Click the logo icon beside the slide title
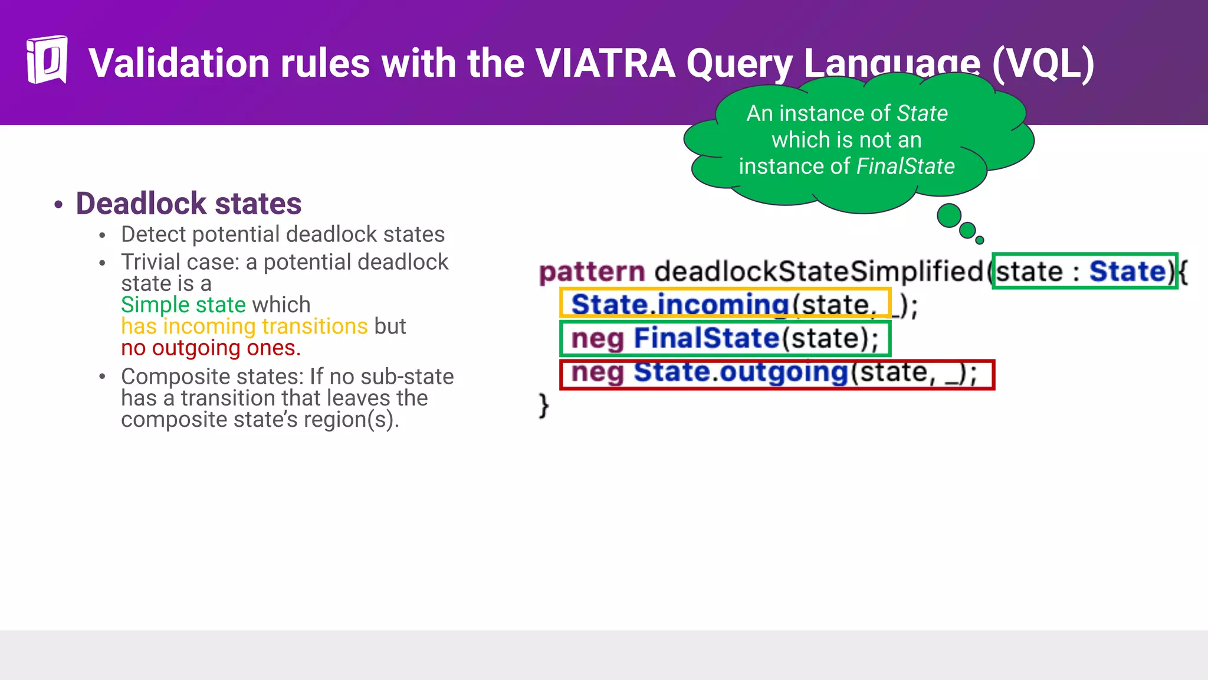pyautogui.click(x=47, y=60)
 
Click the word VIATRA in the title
pyautogui.click(x=605, y=63)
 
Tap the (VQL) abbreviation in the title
pyautogui.click(x=1042, y=63)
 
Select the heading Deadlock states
pyautogui.click(x=188, y=204)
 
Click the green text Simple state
pyautogui.click(x=183, y=305)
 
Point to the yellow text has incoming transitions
pyautogui.click(x=244, y=326)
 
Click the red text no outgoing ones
pyautogui.click(x=211, y=348)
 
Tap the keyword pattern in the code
pyautogui.click(x=592, y=272)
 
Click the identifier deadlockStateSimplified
pyautogui.click(x=819, y=272)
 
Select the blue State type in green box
pyautogui.click(x=1127, y=272)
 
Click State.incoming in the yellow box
pyautogui.click(x=679, y=305)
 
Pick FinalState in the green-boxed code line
pyautogui.click(x=706, y=338)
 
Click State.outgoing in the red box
pyautogui.click(x=740, y=372)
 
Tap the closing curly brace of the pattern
pyautogui.click(x=543, y=406)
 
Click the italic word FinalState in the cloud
pyautogui.click(x=905, y=166)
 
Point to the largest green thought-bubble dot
pyautogui.click(x=949, y=215)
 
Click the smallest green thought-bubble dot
pyautogui.click(x=980, y=240)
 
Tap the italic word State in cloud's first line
pyautogui.click(x=922, y=113)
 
